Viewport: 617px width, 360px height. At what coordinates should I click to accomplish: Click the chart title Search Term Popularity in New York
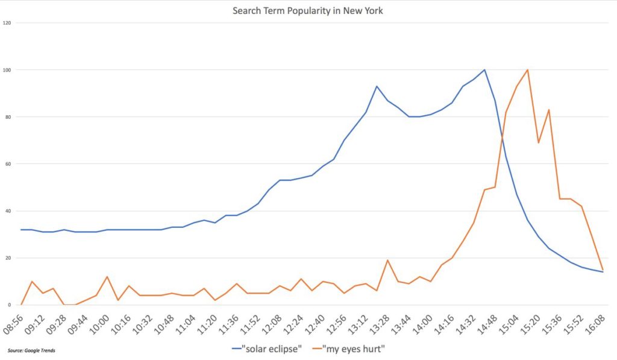[308, 11]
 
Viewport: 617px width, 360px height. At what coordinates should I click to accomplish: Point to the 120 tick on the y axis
[7, 23]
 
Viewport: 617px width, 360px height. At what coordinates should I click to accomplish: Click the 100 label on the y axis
[7, 70]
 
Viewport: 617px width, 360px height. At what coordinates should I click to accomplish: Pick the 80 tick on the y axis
[8, 117]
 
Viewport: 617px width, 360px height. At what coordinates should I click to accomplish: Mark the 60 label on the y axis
[8, 164]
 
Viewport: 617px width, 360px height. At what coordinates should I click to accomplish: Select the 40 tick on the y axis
[8, 211]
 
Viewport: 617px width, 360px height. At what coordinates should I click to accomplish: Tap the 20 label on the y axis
[8, 258]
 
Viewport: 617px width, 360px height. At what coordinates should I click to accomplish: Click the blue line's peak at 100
[484, 70]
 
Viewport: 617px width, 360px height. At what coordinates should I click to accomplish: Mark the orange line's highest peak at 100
[528, 70]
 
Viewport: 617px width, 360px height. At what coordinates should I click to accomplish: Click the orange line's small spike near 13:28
[387, 261]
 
